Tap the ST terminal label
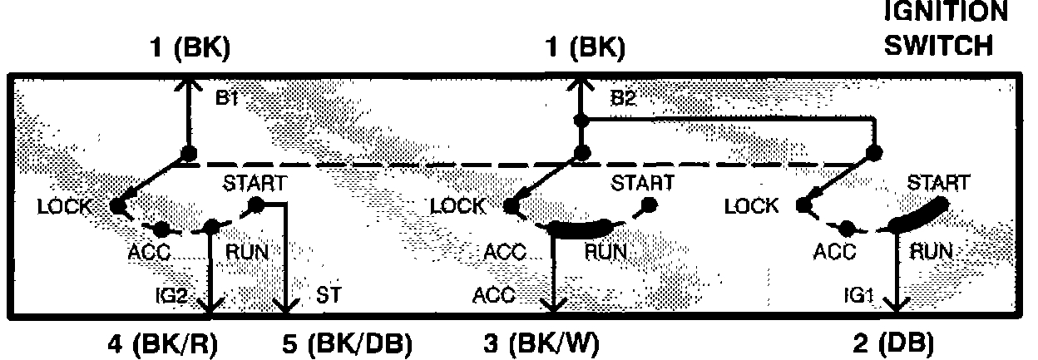(x=326, y=294)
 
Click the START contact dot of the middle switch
(x=647, y=205)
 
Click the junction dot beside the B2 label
(x=581, y=121)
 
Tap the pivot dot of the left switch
(x=189, y=153)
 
